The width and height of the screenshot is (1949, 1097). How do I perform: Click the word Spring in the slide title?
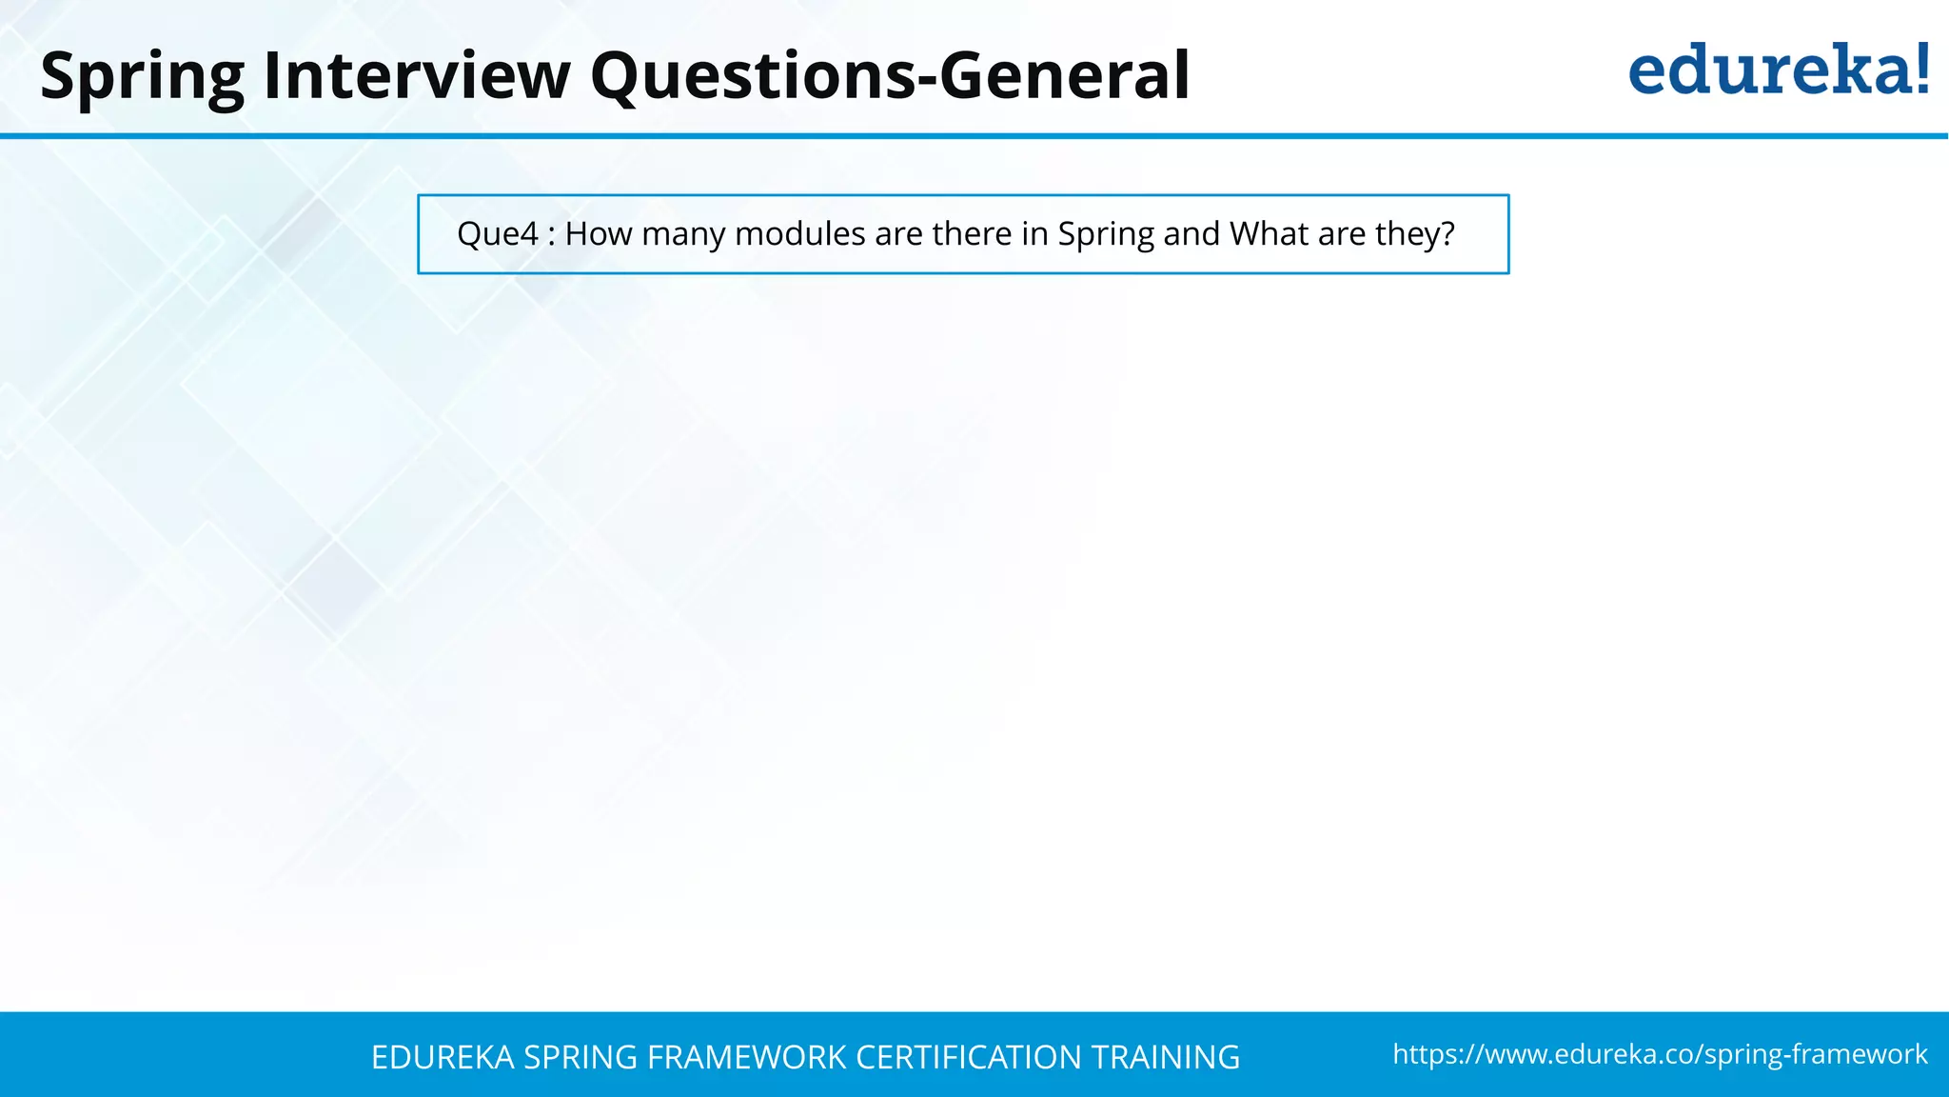(143, 76)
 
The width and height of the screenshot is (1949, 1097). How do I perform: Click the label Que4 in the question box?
(498, 234)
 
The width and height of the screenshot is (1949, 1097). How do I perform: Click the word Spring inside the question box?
(1106, 234)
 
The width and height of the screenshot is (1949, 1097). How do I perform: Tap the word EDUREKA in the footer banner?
(443, 1057)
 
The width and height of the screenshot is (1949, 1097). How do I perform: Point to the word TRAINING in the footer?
(1165, 1057)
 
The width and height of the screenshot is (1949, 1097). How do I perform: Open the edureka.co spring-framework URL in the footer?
(1660, 1054)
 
